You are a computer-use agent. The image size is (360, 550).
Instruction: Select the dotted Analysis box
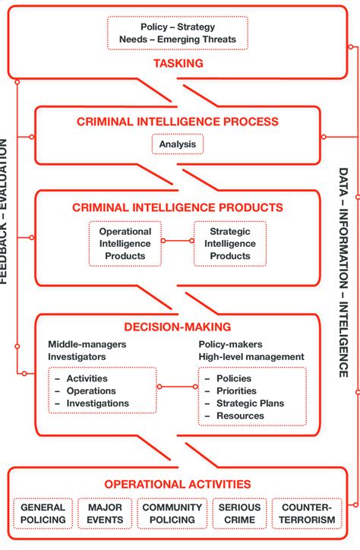coord(177,144)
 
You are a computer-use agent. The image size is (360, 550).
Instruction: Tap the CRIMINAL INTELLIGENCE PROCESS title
coord(177,122)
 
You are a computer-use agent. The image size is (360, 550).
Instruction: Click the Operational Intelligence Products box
coord(125,244)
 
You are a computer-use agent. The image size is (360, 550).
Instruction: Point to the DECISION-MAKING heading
coord(177,327)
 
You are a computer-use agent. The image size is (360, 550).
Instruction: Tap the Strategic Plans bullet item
coord(251,403)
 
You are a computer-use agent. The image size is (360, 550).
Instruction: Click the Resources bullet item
coord(240,416)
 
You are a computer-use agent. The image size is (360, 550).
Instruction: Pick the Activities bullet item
coord(87,378)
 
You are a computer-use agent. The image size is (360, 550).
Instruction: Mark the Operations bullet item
coord(90,390)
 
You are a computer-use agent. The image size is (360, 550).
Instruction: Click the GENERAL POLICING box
coord(43,514)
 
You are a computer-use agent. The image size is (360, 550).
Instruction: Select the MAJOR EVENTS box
coord(105,514)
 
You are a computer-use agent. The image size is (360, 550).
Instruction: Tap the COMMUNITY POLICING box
coord(173,514)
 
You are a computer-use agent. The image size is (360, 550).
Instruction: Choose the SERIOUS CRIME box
coord(239,514)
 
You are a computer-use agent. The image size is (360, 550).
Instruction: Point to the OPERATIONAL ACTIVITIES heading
coord(177,484)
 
